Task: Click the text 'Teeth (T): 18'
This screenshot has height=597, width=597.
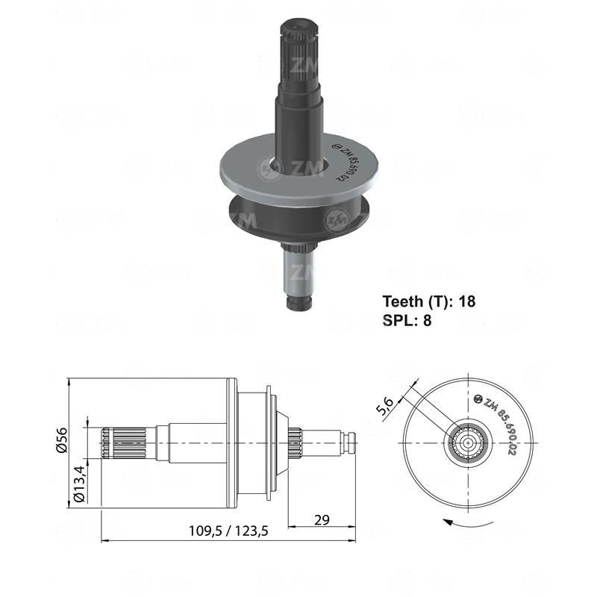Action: coord(428,301)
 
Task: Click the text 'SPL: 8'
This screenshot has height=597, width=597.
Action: coord(407,320)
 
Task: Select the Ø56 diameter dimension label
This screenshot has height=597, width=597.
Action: coord(62,441)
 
